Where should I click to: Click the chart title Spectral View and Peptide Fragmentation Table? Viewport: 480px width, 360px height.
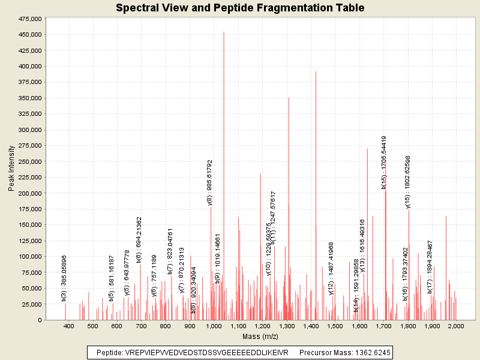click(240, 8)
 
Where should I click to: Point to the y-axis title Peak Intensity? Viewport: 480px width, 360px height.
click(12, 169)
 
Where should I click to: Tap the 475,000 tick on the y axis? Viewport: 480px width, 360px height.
click(29, 19)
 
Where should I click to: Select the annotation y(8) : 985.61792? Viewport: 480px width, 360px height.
click(210, 183)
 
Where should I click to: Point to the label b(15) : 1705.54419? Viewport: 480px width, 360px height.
click(384, 162)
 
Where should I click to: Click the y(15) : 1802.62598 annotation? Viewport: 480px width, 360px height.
click(408, 182)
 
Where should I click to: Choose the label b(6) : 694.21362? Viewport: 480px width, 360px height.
click(139, 240)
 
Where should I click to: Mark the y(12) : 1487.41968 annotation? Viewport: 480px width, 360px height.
click(331, 268)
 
